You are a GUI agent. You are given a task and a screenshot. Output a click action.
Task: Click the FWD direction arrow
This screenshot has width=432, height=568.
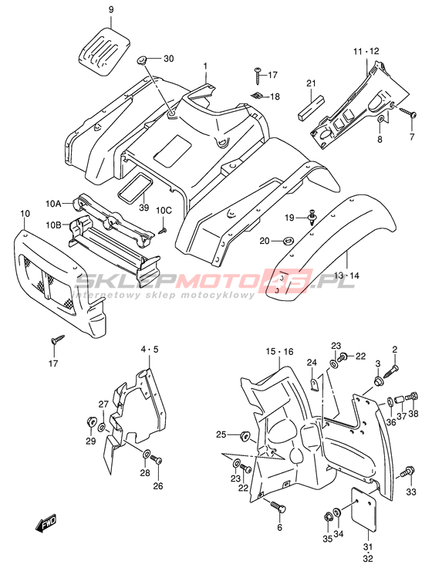46,523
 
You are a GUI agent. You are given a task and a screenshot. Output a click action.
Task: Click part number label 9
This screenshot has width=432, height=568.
111,9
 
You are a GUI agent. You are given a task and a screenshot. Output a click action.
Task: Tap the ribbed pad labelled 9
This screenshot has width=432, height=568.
104,51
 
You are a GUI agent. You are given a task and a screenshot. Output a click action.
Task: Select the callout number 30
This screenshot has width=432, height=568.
169,59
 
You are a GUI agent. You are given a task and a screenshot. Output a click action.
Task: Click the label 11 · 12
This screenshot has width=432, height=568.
366,52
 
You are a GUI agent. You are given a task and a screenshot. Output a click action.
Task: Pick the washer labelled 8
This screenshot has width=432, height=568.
380,119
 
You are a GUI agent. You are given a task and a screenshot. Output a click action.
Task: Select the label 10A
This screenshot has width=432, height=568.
53,204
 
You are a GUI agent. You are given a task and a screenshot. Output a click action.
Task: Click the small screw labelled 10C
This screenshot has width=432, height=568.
163,230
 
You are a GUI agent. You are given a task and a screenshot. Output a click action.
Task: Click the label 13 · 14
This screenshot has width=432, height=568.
346,276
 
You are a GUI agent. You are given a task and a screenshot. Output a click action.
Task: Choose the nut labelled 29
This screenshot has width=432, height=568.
91,421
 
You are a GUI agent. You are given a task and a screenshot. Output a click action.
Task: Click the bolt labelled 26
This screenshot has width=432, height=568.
157,461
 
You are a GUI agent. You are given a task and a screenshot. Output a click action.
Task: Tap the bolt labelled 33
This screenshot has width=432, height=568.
408,472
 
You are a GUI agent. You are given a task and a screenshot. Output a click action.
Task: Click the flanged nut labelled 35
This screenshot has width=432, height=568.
328,515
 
